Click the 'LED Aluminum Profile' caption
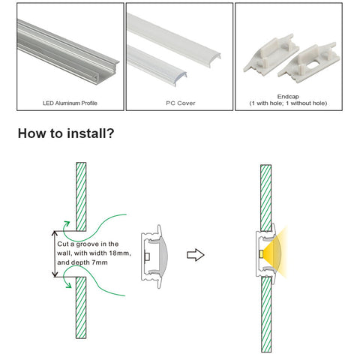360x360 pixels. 70,103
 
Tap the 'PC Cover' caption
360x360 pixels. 181,103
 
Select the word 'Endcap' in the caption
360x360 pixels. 288,97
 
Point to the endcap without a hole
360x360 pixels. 271,55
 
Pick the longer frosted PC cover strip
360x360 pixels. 173,40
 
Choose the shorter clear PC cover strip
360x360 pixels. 156,65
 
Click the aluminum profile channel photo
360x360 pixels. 67,51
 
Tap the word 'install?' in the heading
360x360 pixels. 91,133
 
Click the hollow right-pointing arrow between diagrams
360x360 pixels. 196,255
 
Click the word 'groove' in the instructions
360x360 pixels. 87,244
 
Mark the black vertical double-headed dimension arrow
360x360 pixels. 55,254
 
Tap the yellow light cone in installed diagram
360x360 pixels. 274,253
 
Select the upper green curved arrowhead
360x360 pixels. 67,223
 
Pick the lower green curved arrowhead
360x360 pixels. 68,285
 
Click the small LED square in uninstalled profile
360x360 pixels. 147,256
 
